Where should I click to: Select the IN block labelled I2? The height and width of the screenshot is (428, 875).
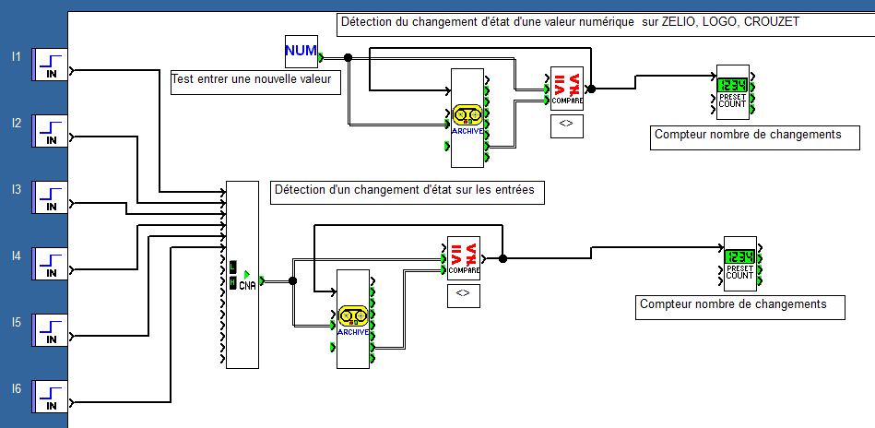pyautogui.click(x=51, y=132)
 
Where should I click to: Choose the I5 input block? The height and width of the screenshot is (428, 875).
pyautogui.click(x=51, y=331)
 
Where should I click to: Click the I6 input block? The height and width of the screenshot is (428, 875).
pyautogui.click(x=51, y=397)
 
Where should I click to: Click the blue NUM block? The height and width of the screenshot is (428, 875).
pyautogui.click(x=301, y=51)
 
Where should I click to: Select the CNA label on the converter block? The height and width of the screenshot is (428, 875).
pyautogui.click(x=247, y=285)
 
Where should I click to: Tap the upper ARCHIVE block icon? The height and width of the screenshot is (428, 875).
pyautogui.click(x=468, y=118)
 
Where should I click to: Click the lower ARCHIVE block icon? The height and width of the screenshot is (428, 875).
pyautogui.click(x=352, y=319)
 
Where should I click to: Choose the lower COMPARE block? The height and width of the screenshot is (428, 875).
pyautogui.click(x=463, y=259)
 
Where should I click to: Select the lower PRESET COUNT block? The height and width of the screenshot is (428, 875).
pyautogui.click(x=739, y=263)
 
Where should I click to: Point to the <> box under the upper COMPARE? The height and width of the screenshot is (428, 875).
pyautogui.click(x=566, y=126)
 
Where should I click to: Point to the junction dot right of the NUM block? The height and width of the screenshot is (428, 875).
pyautogui.click(x=348, y=57)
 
